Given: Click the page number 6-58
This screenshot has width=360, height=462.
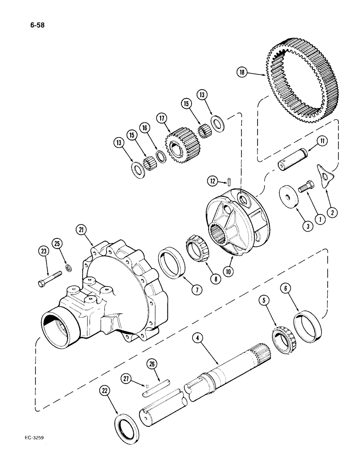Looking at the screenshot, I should [x=40, y=20].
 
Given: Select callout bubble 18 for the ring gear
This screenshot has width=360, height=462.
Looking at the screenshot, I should [x=242, y=72].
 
